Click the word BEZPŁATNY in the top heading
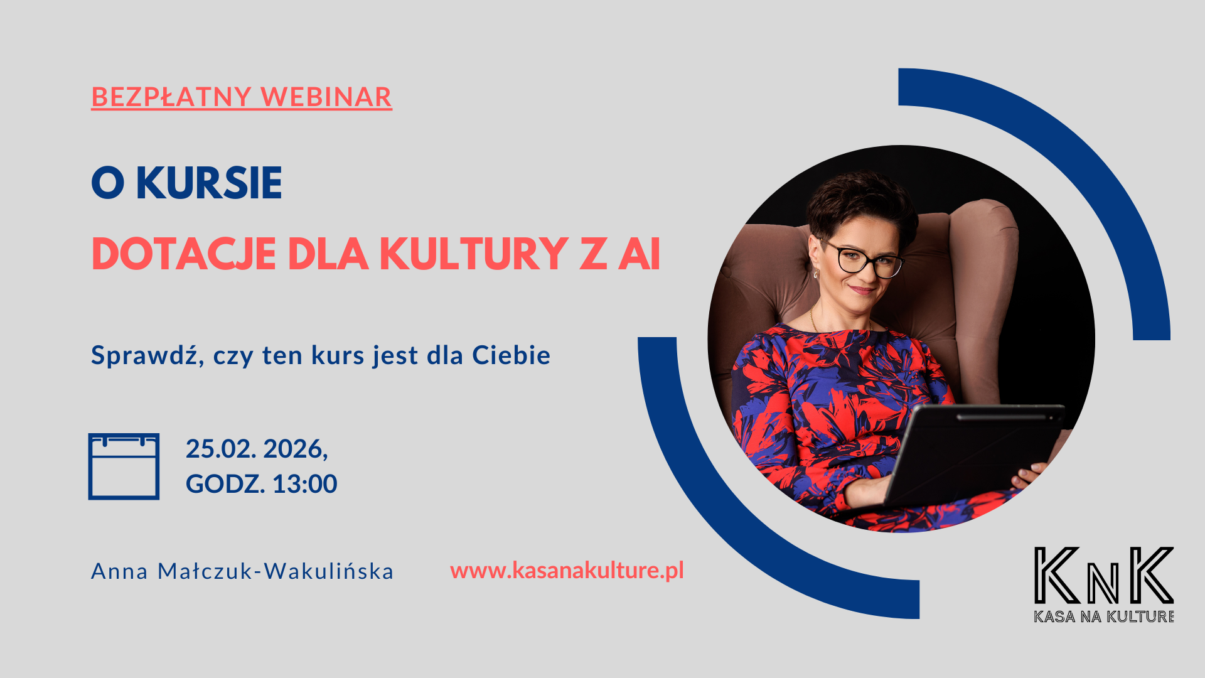click(x=171, y=97)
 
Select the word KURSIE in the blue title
click(x=209, y=183)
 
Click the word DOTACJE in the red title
click(x=184, y=254)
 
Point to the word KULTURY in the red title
click(x=474, y=254)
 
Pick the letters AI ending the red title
click(x=640, y=254)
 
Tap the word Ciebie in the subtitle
click(x=511, y=355)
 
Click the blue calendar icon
click(x=124, y=466)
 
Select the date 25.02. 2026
click(x=257, y=449)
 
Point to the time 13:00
click(x=305, y=484)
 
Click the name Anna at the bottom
click(x=120, y=571)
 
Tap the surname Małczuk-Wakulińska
click(x=276, y=571)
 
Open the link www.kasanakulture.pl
click(x=567, y=571)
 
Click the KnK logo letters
click(x=1104, y=575)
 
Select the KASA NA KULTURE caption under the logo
click(x=1104, y=616)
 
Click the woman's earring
click(x=817, y=274)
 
